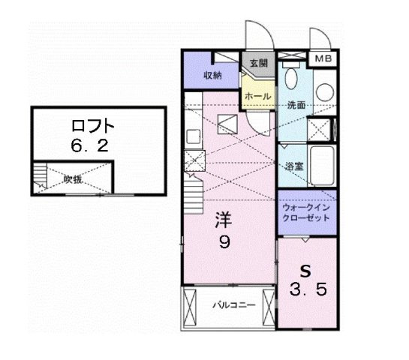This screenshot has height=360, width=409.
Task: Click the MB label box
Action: click(323, 58)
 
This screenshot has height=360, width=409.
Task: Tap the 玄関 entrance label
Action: click(258, 62)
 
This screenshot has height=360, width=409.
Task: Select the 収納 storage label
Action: click(212, 75)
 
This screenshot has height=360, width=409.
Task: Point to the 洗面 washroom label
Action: click(296, 105)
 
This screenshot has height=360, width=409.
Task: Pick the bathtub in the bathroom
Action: click(323, 167)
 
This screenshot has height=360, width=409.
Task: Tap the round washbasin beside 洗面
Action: click(325, 92)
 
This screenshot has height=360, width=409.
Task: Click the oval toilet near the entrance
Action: click(291, 79)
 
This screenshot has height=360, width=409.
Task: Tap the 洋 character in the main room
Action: click(224, 220)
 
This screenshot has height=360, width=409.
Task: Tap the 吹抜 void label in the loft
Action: click(72, 179)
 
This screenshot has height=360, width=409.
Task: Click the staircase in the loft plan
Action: click(39, 178)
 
